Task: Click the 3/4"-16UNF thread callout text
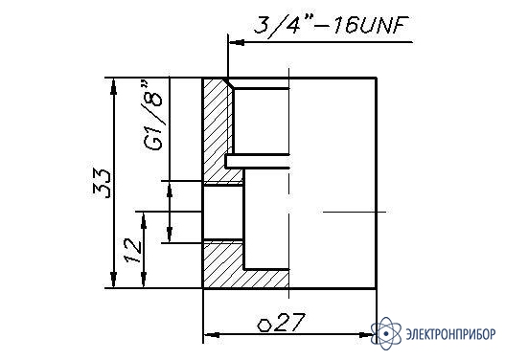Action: pyautogui.click(x=332, y=25)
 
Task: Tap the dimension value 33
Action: pyautogui.click(x=102, y=183)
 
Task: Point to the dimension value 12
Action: pyautogui.click(x=132, y=250)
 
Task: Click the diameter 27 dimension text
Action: pyautogui.click(x=281, y=323)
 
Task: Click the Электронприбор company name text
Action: pyautogui.click(x=451, y=334)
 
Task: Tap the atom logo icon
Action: pyautogui.click(x=386, y=333)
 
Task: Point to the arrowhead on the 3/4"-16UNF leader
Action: pyautogui.click(x=236, y=42)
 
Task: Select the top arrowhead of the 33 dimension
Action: pyautogui.click(x=113, y=86)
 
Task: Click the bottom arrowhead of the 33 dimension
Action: pyautogui.click(x=113, y=280)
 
